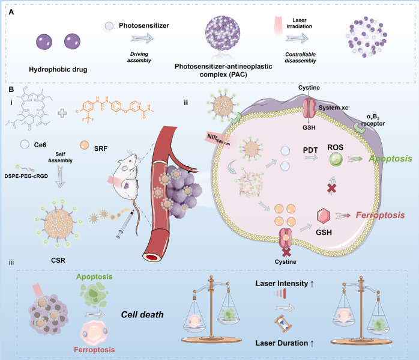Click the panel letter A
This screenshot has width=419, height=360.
click(x=11, y=10)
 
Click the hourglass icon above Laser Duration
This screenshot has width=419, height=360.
click(x=280, y=326)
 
